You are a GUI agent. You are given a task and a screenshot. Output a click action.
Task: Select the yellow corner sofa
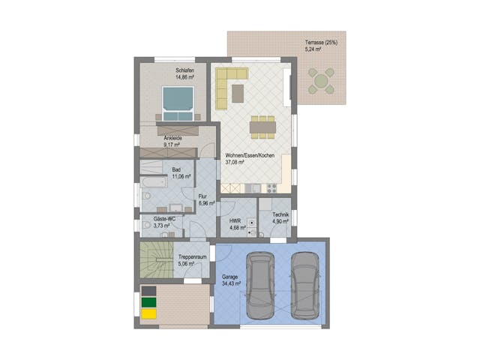click(228, 83)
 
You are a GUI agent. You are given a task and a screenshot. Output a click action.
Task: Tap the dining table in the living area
click(262, 127)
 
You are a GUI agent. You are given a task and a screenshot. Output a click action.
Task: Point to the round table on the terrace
click(322, 81)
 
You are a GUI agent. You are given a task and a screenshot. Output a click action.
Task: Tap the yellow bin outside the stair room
click(148, 313)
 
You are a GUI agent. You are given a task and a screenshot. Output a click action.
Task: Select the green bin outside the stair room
click(148, 302)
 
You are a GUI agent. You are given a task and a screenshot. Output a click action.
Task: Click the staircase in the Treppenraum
click(155, 262)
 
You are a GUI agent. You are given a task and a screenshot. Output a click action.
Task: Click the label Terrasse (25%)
click(321, 43)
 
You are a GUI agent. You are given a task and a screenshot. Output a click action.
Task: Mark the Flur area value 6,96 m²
click(206, 203)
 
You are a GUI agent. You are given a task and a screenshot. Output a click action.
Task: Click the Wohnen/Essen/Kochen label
click(250, 155)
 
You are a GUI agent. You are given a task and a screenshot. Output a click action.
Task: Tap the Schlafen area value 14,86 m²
click(184, 76)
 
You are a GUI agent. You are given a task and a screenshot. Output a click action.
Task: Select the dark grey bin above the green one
click(148, 291)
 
